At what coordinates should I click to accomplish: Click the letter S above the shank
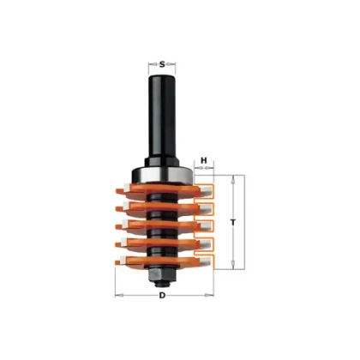[162, 64]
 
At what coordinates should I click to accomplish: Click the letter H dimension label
[204, 160]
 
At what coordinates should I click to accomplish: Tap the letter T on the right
[233, 222]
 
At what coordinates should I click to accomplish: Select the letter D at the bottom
[162, 296]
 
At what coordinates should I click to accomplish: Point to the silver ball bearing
[161, 174]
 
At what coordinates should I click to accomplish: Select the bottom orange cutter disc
[165, 261]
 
